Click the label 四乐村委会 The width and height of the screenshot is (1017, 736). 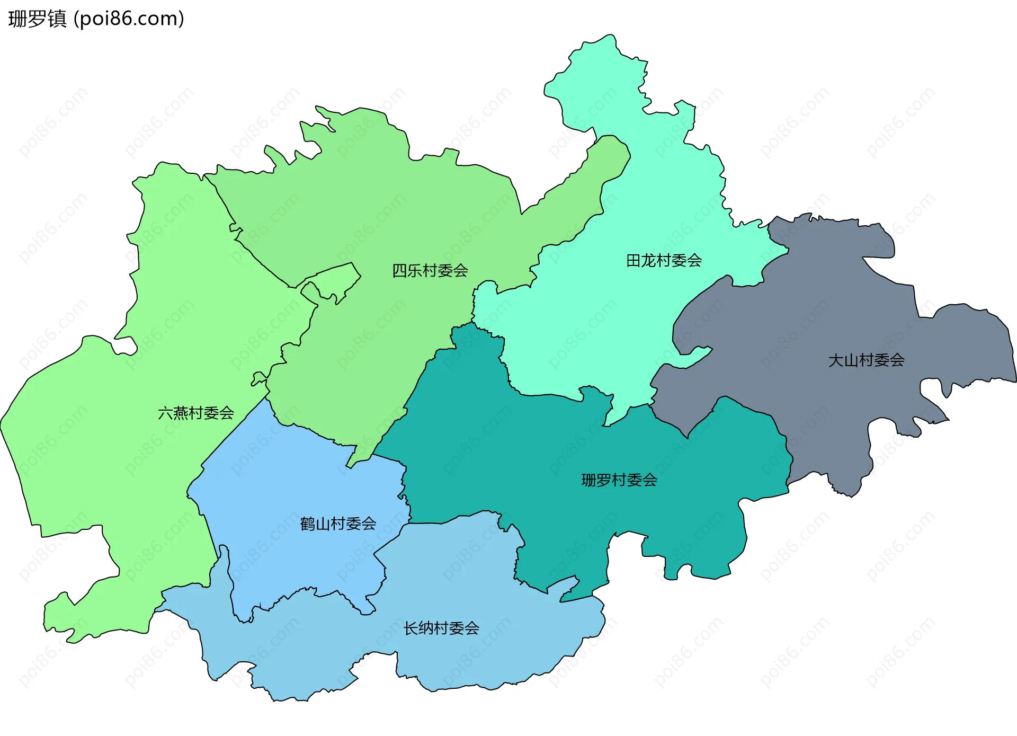pyautogui.click(x=430, y=271)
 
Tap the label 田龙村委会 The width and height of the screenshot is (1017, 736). pyautogui.click(x=664, y=261)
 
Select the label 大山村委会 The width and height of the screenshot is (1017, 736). pyautogui.click(x=866, y=360)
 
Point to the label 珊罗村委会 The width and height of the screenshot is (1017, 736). pyautogui.click(x=619, y=480)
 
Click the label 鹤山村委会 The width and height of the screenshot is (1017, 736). pyautogui.click(x=338, y=524)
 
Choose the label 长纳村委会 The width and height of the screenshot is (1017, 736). pyautogui.click(x=441, y=628)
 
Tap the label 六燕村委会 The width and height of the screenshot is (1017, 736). pyautogui.click(x=196, y=413)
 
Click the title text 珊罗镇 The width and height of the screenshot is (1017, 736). pyautogui.click(x=37, y=19)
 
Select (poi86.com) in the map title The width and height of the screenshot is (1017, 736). pyautogui.click(x=129, y=19)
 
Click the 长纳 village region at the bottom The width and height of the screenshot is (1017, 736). pyautogui.click(x=477, y=652)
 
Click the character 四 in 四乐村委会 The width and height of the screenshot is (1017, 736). pyautogui.click(x=399, y=271)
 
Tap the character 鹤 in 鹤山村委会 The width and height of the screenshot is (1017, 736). pyautogui.click(x=307, y=524)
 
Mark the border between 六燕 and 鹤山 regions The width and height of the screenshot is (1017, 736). pyautogui.click(x=233, y=432)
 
